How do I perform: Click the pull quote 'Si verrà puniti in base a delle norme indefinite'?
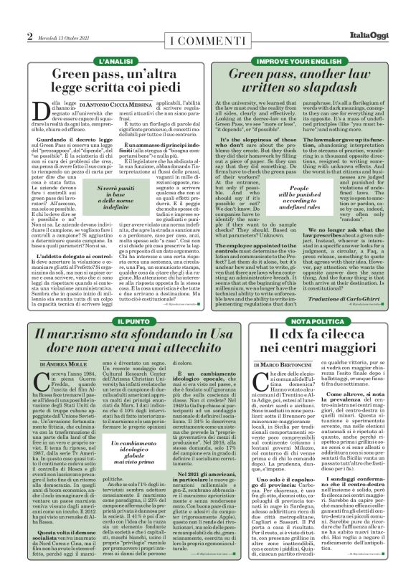(x=105, y=195)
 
